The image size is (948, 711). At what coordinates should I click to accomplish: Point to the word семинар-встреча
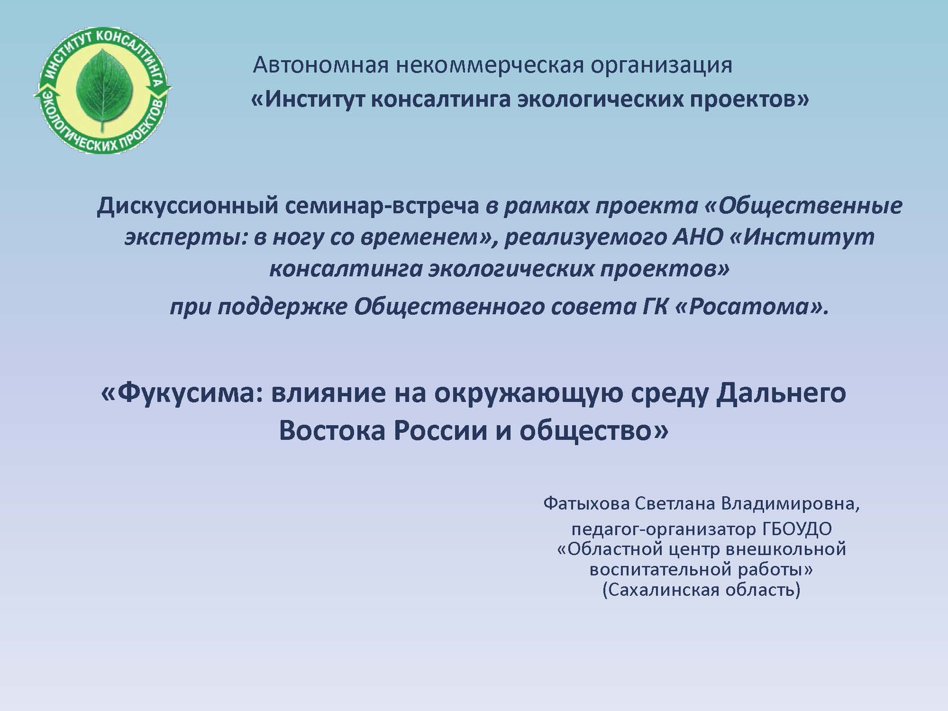coord(387,207)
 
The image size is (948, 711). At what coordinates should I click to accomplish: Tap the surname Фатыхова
coord(586,504)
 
